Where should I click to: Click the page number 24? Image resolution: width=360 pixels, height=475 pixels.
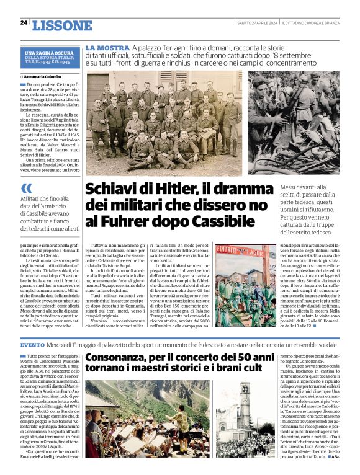(x=24, y=23)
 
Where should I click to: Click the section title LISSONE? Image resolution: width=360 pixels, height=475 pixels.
(x=61, y=25)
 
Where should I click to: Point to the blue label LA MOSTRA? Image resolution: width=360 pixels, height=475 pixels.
(x=107, y=48)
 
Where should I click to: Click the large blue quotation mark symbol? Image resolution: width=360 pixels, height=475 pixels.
(x=26, y=188)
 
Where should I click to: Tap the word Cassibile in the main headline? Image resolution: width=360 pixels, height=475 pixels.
(x=220, y=221)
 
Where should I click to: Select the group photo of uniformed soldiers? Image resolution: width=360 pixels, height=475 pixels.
(x=164, y=123)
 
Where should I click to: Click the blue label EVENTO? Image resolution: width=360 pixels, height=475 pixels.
(x=32, y=344)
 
